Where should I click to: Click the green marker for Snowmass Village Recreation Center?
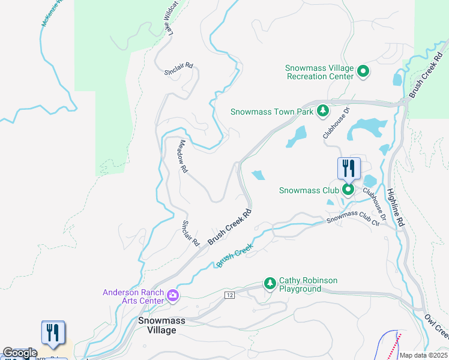tap(363, 72)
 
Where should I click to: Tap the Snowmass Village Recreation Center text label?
tap(319, 72)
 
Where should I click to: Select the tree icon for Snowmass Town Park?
tap(323, 111)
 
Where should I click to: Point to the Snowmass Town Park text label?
tap(273, 112)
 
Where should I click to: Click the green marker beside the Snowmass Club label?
tap(348, 190)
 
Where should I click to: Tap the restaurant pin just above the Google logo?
tap(52, 333)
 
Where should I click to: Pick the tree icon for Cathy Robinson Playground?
tap(270, 283)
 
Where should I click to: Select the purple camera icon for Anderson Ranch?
tap(173, 295)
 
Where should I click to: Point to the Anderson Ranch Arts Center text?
tap(133, 296)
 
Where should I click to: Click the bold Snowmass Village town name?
tap(157, 325)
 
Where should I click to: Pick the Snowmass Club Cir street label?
tap(354, 217)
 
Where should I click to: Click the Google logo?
tap(20, 353)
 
